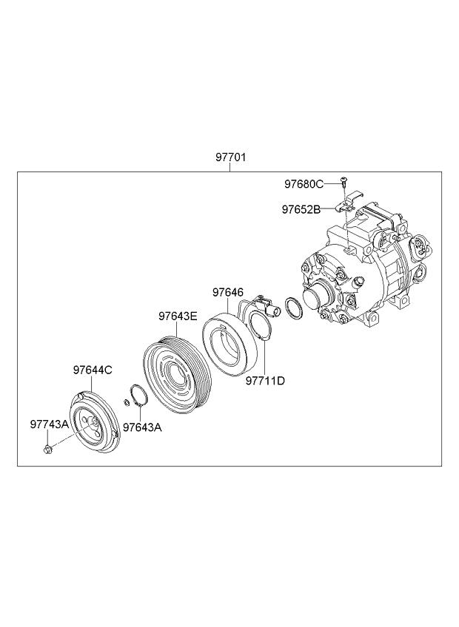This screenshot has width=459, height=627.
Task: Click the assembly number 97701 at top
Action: [x=230, y=157]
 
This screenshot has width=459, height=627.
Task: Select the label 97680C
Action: [x=304, y=184]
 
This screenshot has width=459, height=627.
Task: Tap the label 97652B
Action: [x=301, y=209]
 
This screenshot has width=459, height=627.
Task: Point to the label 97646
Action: [x=228, y=293]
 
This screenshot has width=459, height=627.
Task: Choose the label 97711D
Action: [x=265, y=381]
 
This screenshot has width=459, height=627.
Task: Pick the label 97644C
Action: [x=93, y=370]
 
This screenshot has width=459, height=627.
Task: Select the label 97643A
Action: [x=142, y=427]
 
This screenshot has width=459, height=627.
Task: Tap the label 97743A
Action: [x=50, y=424]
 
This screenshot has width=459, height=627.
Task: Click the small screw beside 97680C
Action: [x=344, y=181]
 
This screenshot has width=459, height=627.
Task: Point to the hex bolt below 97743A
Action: [x=47, y=450]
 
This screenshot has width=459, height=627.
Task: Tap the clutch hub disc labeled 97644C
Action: [x=93, y=423]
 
